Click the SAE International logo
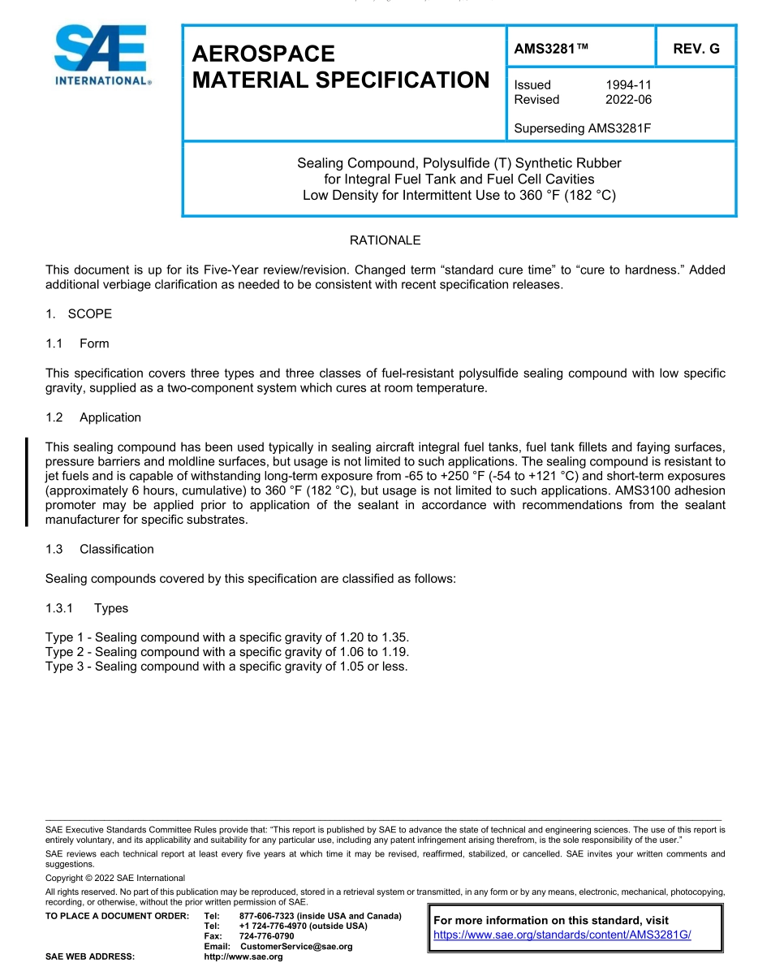tap(101, 55)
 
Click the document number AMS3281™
tap(550, 49)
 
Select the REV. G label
tap(696, 49)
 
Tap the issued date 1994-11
tap(628, 84)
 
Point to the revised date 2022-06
tap(628, 99)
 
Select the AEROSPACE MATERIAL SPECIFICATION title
tap(341, 67)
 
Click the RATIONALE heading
tap(385, 240)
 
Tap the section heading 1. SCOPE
tap(79, 313)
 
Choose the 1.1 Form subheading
tap(78, 343)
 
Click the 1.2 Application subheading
tap(93, 417)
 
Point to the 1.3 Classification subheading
tap(100, 549)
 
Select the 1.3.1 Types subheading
tap(87, 608)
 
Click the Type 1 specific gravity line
tap(227, 637)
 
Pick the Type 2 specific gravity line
tap(227, 652)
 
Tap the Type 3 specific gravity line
tap(226, 667)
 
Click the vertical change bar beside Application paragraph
tap(27, 482)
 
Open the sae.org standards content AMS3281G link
tap(562, 935)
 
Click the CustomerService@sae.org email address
tap(296, 947)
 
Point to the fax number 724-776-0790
tap(266, 936)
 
